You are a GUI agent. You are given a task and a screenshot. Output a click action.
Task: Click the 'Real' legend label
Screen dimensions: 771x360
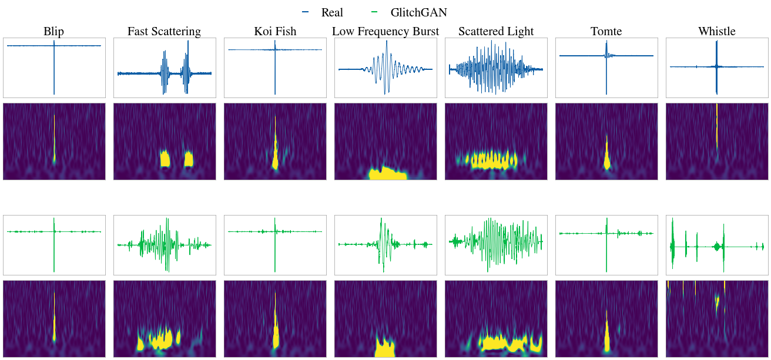[332, 12]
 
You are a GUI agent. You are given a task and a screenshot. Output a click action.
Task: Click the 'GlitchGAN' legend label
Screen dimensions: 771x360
[418, 12]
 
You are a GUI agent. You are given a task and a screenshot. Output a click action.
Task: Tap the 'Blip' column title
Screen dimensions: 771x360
[53, 31]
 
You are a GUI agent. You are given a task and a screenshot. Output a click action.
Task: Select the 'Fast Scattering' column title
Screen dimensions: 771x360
[164, 31]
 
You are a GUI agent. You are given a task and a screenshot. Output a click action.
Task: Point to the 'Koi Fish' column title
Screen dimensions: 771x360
[275, 31]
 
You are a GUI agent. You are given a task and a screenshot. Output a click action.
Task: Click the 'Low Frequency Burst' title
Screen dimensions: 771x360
[385, 31]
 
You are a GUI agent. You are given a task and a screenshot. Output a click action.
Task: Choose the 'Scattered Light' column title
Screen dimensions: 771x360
[496, 31]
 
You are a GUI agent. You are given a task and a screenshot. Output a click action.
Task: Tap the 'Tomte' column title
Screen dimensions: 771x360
[606, 31]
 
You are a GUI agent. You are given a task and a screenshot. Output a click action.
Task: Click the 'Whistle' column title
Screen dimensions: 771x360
[717, 31]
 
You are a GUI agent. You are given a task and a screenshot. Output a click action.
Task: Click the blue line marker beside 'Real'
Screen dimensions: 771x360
[306, 12]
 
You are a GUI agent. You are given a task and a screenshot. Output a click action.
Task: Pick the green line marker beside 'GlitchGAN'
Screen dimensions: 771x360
[374, 12]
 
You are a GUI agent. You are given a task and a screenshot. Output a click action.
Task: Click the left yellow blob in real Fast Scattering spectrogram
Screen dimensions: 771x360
[165, 159]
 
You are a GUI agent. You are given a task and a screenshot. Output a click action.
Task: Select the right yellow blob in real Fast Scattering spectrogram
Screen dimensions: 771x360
[189, 159]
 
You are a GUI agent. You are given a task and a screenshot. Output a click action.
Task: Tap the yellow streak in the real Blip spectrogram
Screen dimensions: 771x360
[54, 139]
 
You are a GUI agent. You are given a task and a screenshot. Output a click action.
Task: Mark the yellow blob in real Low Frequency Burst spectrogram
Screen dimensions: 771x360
[388, 174]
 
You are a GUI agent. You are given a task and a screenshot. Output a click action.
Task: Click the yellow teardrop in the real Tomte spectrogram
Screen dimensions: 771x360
[607, 153]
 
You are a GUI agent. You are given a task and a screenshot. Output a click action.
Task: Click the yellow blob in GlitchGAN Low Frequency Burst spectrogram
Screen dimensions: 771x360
[385, 348]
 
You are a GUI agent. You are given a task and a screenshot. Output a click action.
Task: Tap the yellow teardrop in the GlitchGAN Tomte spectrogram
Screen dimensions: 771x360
[607, 333]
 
